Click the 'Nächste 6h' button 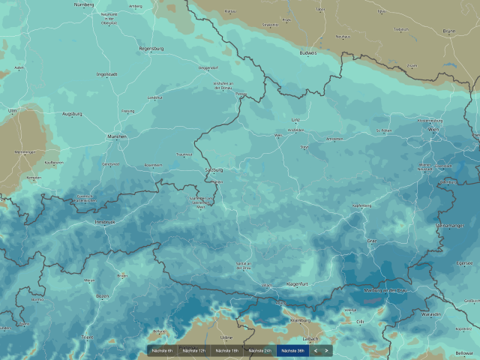(162, 350)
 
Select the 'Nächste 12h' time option (194, 350)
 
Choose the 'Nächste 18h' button (226, 350)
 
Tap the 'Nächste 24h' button (259, 350)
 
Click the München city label (117, 137)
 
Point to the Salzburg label (214, 170)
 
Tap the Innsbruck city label (104, 222)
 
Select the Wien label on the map (433, 130)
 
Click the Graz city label (371, 241)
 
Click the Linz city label (295, 119)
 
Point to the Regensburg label (151, 49)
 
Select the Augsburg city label (72, 114)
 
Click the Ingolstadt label (107, 74)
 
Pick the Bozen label (102, 296)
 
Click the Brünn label (449, 31)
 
